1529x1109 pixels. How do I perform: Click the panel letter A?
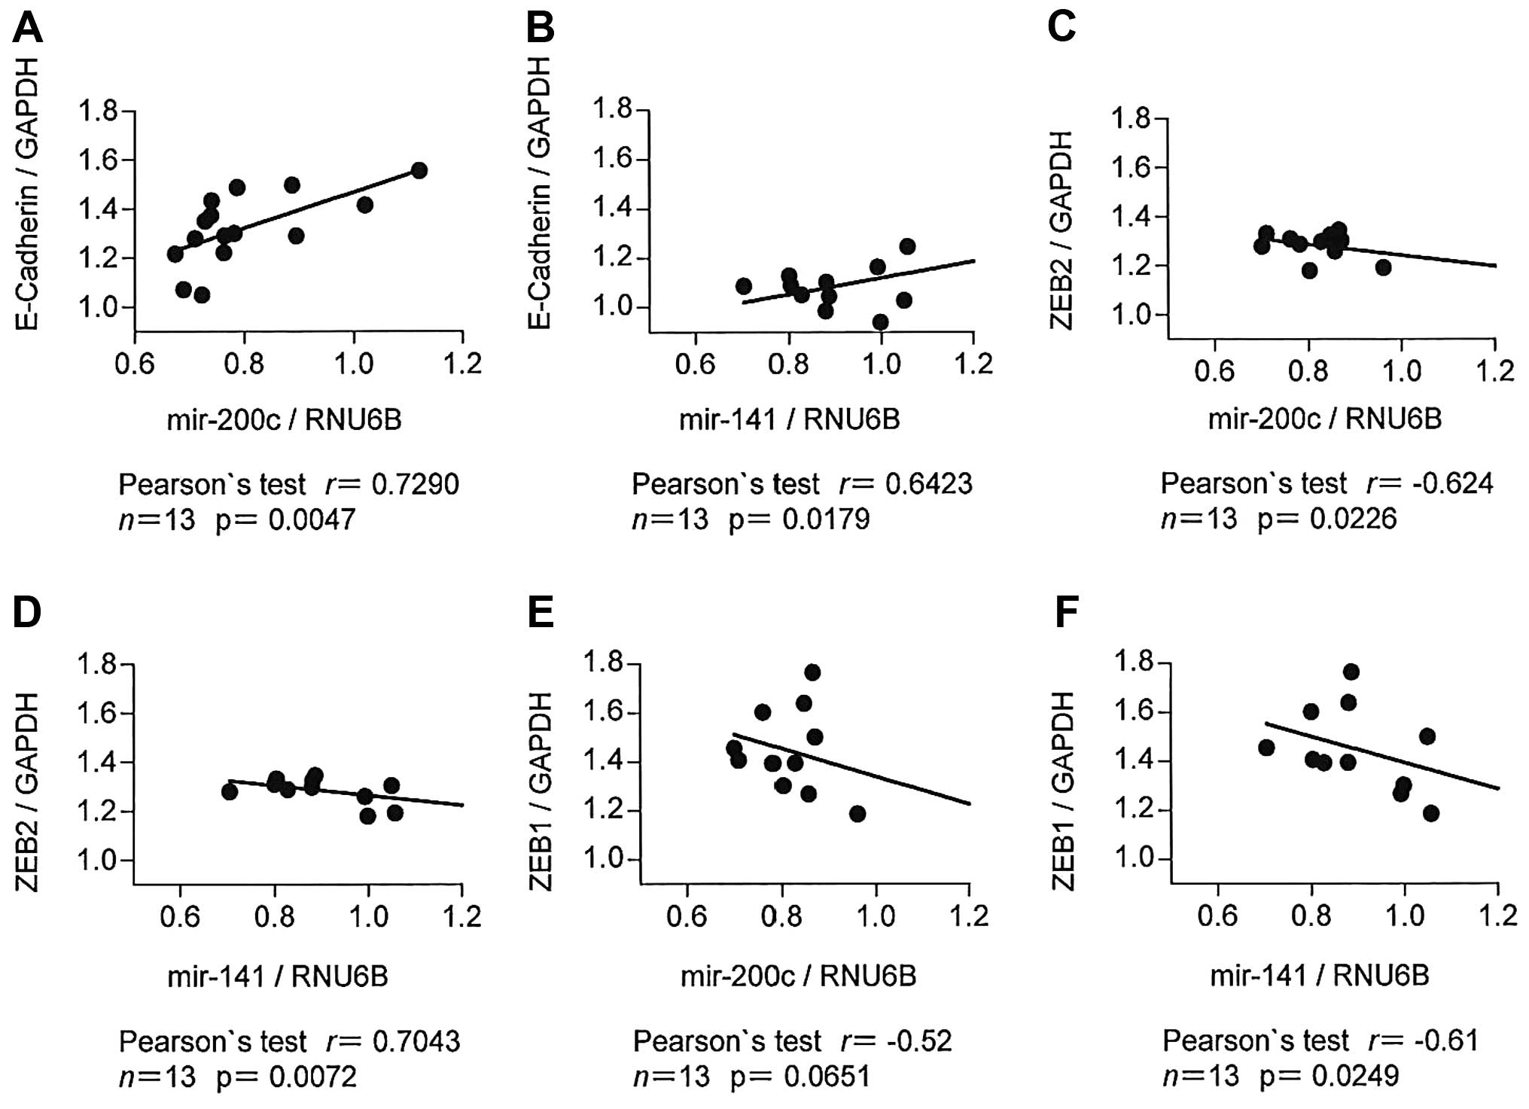click(x=27, y=29)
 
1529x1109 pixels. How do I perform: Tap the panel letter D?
click(x=27, y=613)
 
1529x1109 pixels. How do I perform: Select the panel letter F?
click(x=1067, y=613)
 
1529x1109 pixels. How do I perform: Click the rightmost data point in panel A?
click(x=419, y=171)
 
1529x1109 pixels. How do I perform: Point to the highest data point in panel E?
click(x=812, y=672)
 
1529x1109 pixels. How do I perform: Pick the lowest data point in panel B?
click(x=879, y=322)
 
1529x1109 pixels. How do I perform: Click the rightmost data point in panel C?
click(x=1383, y=267)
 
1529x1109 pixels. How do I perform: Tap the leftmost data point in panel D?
click(x=230, y=791)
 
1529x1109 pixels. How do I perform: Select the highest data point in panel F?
click(x=1351, y=672)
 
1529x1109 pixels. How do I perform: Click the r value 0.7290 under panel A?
click(x=416, y=484)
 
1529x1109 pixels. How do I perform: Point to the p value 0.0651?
click(x=827, y=1077)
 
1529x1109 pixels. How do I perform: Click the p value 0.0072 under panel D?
click(x=313, y=1077)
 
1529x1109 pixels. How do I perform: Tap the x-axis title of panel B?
click(x=789, y=419)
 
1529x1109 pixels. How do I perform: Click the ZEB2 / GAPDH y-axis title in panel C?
click(x=1061, y=230)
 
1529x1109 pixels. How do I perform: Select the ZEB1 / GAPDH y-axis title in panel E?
click(x=542, y=792)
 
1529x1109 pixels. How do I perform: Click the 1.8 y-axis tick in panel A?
click(x=99, y=112)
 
